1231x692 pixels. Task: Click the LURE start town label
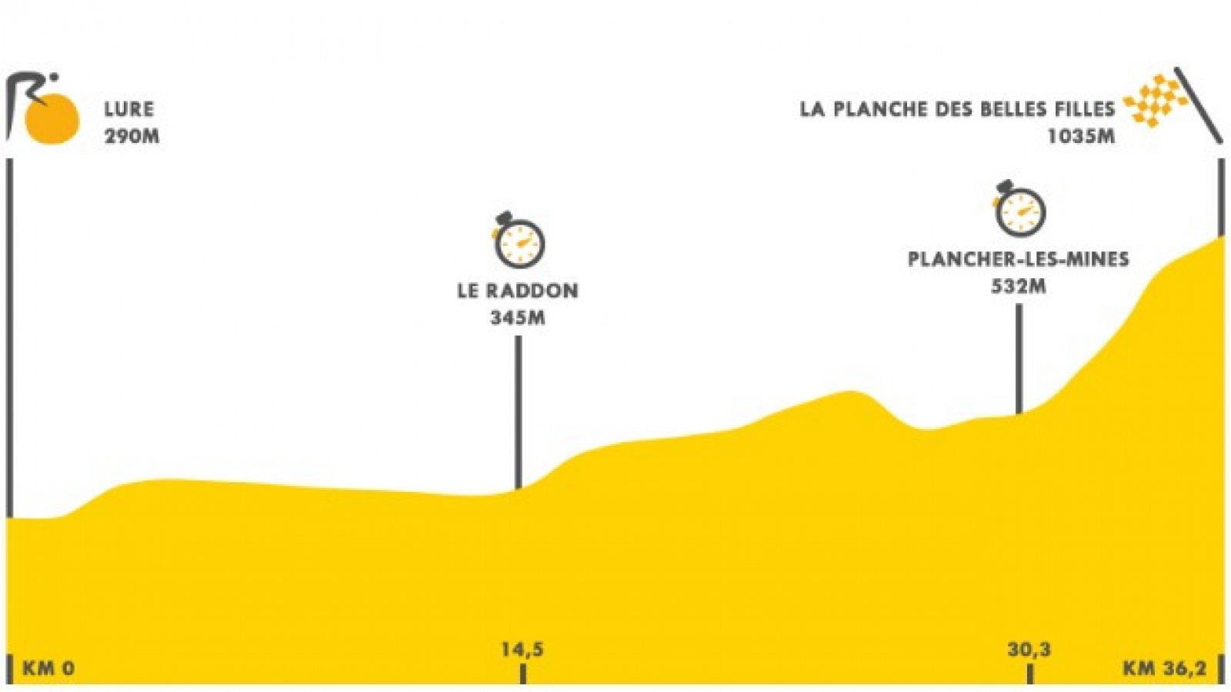point(129,108)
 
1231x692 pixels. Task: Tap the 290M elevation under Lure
point(132,135)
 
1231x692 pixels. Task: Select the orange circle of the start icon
point(52,119)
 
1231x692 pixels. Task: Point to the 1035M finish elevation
point(1081,135)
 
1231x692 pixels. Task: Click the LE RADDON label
point(518,291)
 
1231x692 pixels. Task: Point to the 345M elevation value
point(518,318)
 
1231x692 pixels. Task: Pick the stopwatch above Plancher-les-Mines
point(1019,208)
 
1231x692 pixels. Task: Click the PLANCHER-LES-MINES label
point(1019,258)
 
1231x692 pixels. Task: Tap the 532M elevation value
point(1019,286)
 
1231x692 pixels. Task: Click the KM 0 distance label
point(48,668)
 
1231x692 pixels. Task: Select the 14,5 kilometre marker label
point(522,650)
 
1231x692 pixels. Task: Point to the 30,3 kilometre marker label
point(1029,650)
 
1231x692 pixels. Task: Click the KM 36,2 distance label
point(1163,668)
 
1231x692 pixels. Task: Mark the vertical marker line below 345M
point(518,412)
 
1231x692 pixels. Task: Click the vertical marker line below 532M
point(1019,359)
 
